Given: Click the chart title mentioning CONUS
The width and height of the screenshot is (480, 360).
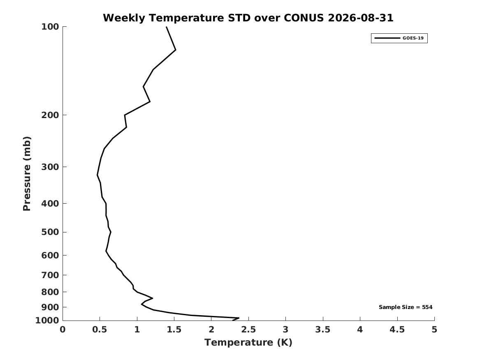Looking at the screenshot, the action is (248, 18).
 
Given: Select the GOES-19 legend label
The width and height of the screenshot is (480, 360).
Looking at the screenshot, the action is (413, 38).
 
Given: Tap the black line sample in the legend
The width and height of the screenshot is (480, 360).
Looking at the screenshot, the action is (387, 38).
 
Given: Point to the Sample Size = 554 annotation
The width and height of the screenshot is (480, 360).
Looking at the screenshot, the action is (406, 307).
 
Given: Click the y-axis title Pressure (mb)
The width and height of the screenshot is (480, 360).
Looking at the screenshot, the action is (27, 174).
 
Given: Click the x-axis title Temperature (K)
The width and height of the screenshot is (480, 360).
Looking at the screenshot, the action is (248, 342).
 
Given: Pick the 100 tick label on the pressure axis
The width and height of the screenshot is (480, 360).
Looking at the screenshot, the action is (50, 27).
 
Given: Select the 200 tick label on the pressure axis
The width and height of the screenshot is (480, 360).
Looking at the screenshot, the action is (50, 115).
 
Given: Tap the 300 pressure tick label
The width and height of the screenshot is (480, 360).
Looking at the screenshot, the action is (50, 167).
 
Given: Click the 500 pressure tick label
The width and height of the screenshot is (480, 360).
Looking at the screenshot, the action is (50, 232).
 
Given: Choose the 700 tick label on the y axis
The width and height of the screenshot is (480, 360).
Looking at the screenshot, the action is (50, 275).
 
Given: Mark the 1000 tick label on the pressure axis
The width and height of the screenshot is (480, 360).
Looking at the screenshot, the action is (47, 321).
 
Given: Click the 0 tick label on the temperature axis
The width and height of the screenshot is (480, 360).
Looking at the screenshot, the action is (63, 330).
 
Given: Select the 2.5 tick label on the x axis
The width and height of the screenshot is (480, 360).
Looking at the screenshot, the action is (248, 330).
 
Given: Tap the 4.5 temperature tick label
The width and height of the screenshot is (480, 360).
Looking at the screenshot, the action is (397, 330).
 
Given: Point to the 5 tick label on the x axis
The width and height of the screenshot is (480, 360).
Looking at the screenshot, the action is (434, 330).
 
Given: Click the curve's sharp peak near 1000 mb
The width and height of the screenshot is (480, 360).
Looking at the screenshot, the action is (239, 318).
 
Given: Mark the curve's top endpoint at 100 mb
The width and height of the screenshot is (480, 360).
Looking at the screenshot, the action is (167, 27).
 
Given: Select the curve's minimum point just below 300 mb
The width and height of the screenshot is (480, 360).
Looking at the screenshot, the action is (97, 175).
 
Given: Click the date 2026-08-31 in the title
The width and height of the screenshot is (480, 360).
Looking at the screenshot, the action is (361, 18).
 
